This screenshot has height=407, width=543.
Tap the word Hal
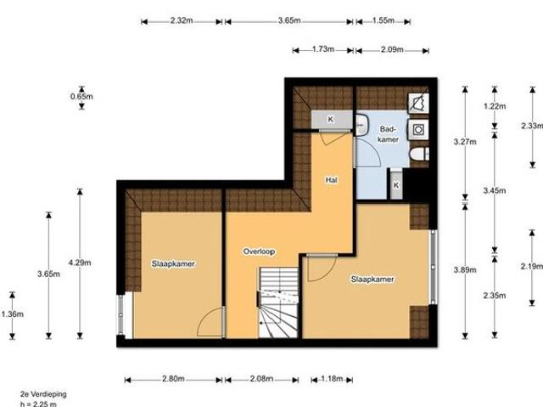point(332,180)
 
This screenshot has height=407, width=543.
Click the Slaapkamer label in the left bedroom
point(174,263)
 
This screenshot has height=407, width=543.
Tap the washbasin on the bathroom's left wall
point(361,125)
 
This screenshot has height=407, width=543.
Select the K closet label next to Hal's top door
point(331,117)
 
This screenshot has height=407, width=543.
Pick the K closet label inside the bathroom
point(396,183)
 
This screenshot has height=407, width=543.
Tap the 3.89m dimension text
point(464,269)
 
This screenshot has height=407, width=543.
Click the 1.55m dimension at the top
point(384,20)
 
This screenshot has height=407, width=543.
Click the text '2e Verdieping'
point(44,394)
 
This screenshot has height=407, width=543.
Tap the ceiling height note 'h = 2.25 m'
point(39,403)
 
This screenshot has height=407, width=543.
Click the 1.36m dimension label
point(11,314)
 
